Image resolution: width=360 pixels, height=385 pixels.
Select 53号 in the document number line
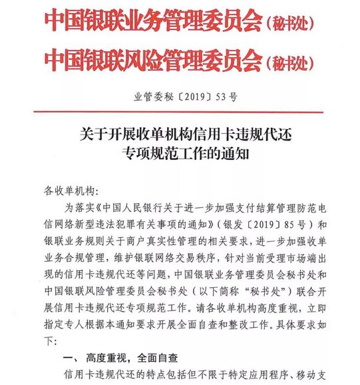pyautogui.click(x=227, y=96)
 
